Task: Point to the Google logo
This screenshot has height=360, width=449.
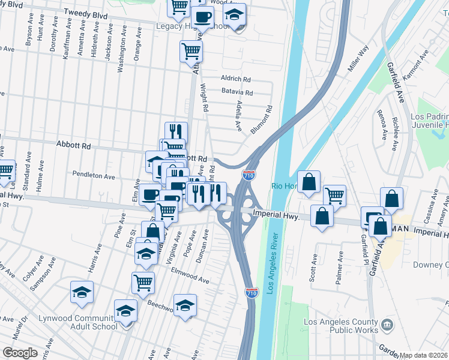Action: [x=20, y=353]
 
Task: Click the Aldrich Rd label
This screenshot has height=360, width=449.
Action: [x=235, y=79]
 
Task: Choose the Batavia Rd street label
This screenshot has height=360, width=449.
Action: [x=238, y=93]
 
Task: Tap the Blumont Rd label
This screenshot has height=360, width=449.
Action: [x=262, y=120]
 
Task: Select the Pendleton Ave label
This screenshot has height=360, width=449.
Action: [x=94, y=177]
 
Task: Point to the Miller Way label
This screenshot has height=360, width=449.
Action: [x=358, y=60]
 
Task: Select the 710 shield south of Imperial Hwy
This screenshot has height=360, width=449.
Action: [x=252, y=293]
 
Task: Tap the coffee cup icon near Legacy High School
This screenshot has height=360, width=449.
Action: [x=202, y=18]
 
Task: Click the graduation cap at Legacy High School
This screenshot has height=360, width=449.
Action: [x=235, y=16]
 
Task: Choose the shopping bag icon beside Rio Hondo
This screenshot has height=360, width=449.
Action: [x=309, y=182]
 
